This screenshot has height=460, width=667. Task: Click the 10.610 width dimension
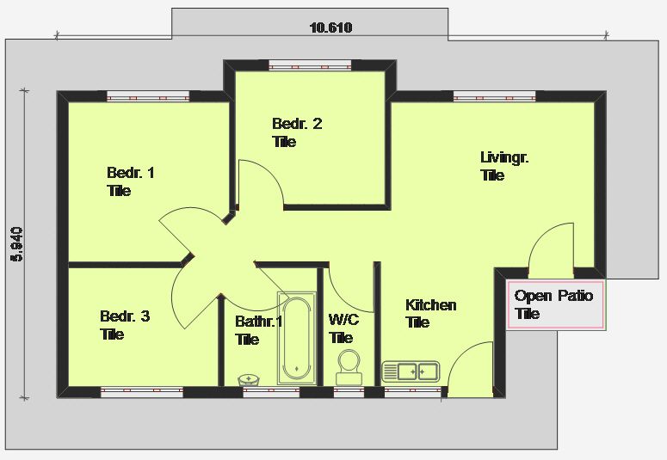(x=331, y=28)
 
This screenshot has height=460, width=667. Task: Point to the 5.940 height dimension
(x=17, y=244)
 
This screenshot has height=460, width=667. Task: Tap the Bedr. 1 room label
(x=131, y=173)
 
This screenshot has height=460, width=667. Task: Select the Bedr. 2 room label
(x=297, y=124)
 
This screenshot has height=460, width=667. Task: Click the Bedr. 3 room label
(x=125, y=316)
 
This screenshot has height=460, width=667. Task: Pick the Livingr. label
(x=504, y=157)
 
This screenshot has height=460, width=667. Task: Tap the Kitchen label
(x=431, y=305)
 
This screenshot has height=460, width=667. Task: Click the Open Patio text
(x=553, y=296)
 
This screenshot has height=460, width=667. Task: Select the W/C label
(x=343, y=320)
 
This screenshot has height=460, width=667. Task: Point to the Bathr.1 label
(x=259, y=322)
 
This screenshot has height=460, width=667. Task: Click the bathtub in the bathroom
(x=296, y=338)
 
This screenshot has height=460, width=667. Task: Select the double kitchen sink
(x=411, y=371)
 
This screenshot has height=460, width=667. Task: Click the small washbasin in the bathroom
(x=249, y=380)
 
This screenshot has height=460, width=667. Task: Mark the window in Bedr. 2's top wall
(x=310, y=65)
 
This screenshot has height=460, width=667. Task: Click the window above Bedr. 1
(x=148, y=97)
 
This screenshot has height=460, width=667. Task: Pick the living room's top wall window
(x=495, y=97)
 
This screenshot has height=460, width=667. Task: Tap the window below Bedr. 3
(x=142, y=391)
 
